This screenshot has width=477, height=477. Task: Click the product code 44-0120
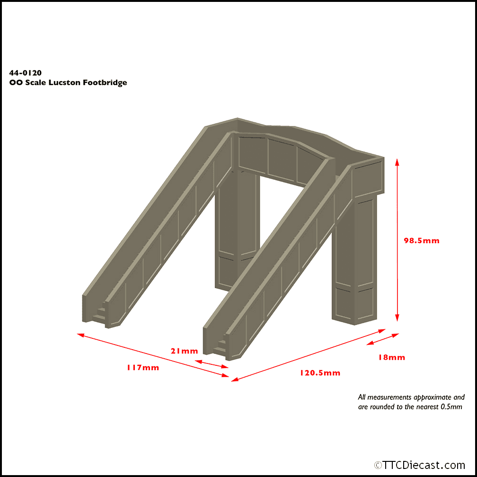click(26, 73)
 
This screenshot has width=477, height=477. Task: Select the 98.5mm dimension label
click(421, 240)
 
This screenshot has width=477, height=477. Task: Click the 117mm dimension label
click(142, 368)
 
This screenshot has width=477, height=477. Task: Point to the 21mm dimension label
click(184, 351)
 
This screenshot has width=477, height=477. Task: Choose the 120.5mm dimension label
click(319, 372)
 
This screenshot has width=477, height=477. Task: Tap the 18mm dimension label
click(391, 357)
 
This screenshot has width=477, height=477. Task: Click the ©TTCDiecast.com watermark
click(419, 465)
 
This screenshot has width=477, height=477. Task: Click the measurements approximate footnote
click(411, 402)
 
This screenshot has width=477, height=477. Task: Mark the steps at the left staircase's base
click(100, 314)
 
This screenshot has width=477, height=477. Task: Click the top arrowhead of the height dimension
click(397, 162)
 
